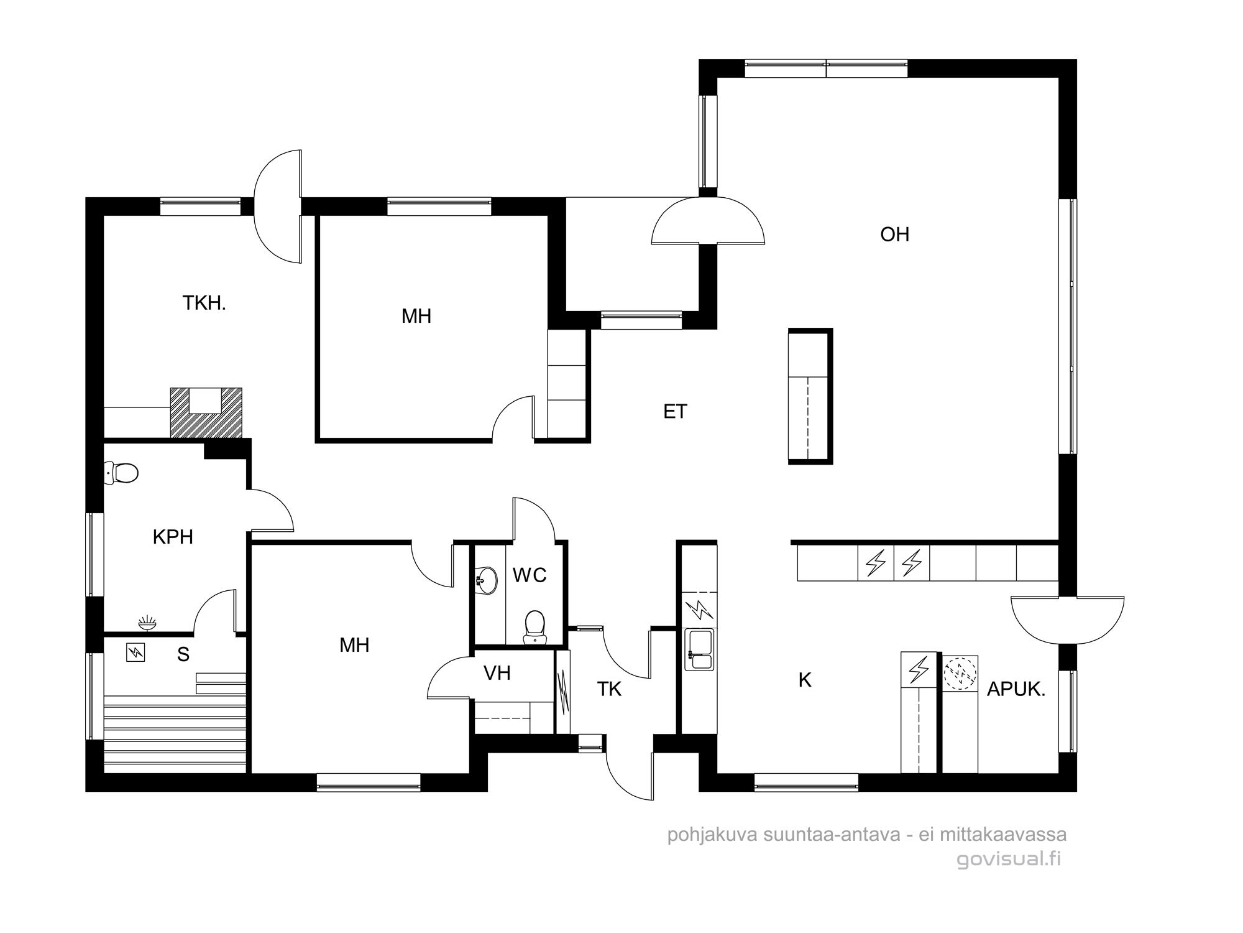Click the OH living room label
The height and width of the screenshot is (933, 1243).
click(895, 234)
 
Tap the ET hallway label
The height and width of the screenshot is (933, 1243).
click(675, 412)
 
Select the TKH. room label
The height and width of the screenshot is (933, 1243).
click(204, 303)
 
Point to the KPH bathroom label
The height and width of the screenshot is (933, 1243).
click(173, 537)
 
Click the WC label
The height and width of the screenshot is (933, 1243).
click(530, 575)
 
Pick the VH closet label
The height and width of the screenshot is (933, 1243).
click(497, 672)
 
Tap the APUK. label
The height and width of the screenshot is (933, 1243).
click(1016, 689)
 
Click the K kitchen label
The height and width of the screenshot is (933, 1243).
click(805, 680)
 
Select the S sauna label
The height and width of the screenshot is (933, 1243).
click(183, 654)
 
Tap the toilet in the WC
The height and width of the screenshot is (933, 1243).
click(534, 627)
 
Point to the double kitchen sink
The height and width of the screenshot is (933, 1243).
click(700, 649)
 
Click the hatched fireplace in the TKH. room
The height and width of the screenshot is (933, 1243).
click(206, 412)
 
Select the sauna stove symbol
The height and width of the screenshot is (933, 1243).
click(135, 652)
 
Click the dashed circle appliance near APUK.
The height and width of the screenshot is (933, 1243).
click(960, 673)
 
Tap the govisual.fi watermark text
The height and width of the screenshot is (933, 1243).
click(1009, 859)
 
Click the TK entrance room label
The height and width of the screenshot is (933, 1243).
click(609, 689)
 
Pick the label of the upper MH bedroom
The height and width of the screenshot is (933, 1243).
click(416, 316)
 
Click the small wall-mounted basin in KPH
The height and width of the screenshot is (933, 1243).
click(147, 622)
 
